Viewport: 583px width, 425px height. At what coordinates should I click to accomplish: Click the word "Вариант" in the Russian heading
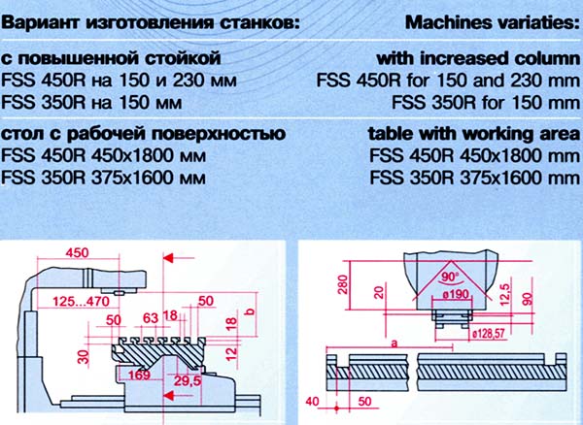click(42, 20)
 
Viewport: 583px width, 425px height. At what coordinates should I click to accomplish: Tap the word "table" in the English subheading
click(388, 136)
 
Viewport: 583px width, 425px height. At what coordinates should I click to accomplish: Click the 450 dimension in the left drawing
click(76, 253)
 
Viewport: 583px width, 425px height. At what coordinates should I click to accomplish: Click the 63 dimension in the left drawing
click(150, 316)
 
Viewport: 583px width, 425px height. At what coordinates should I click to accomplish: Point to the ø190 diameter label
click(453, 292)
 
